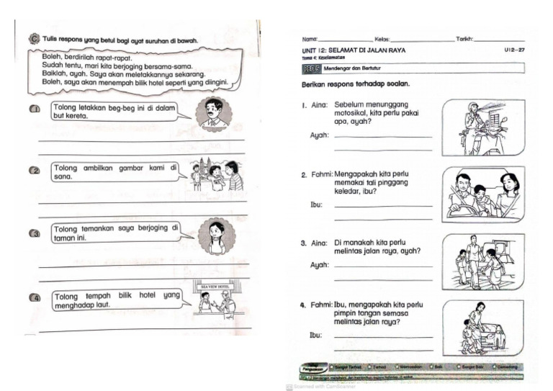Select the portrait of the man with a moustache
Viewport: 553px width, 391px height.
(x=214, y=114)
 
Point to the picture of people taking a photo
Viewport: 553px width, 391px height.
(x=217, y=174)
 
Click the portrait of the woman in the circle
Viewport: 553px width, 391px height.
(x=215, y=235)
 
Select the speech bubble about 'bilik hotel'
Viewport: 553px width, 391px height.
(x=116, y=300)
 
